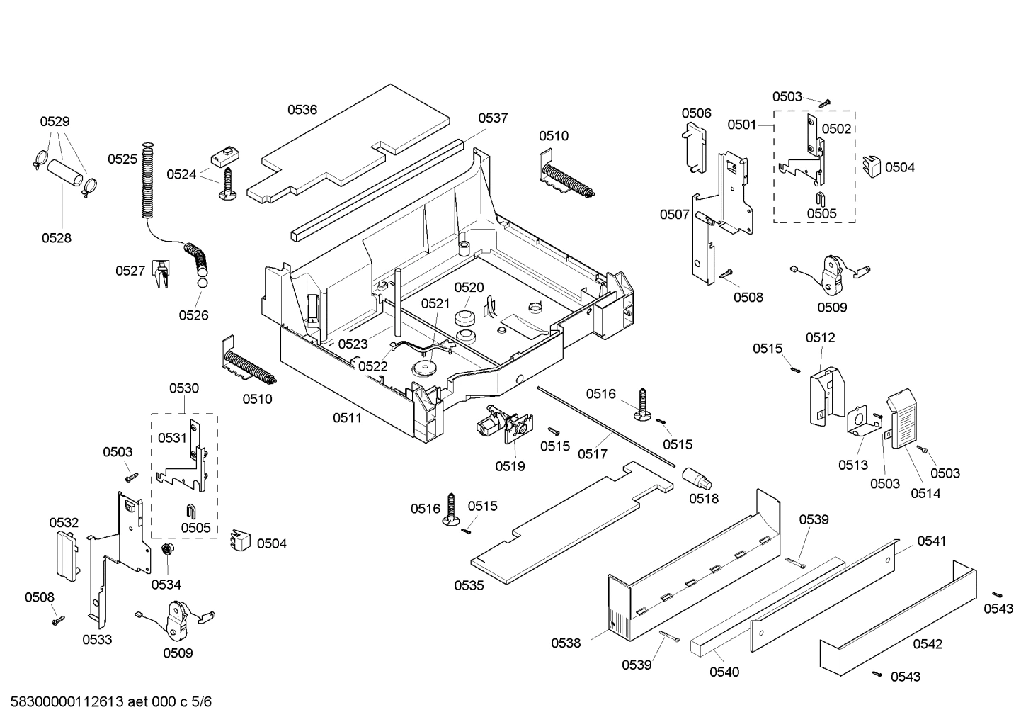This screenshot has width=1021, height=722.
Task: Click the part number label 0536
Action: pyautogui.click(x=302, y=110)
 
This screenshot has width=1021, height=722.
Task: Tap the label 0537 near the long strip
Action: pyautogui.click(x=492, y=118)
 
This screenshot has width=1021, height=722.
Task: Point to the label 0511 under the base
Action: pyautogui.click(x=347, y=418)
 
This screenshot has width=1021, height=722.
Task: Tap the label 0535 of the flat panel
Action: pyautogui.click(x=469, y=585)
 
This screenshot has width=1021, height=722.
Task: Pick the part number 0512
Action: pyautogui.click(x=820, y=338)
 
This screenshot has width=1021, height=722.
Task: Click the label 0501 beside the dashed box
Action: pyautogui.click(x=741, y=125)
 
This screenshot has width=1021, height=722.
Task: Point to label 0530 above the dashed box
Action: pyautogui.click(x=183, y=388)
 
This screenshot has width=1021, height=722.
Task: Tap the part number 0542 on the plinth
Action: pyautogui.click(x=927, y=644)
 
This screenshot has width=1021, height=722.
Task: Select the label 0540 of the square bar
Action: pyautogui.click(x=724, y=672)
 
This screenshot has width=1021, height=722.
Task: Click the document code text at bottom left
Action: pyautogui.click(x=110, y=702)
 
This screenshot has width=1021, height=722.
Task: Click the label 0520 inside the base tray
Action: pyautogui.click(x=469, y=287)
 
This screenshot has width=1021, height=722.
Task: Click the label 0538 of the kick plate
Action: pyautogui.click(x=566, y=643)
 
